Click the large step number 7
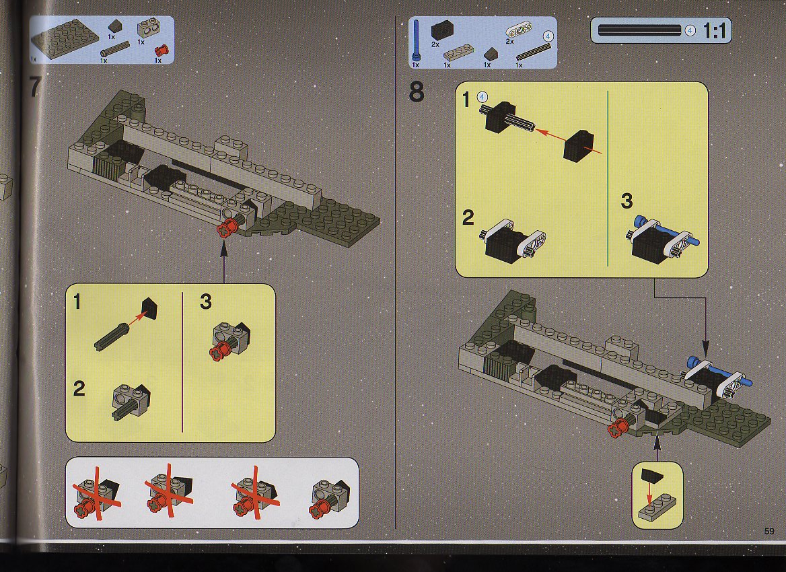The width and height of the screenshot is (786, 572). (x=34, y=87)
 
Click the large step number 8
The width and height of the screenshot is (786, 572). (x=417, y=92)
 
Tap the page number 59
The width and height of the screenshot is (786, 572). (x=769, y=532)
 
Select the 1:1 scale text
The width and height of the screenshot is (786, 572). (x=715, y=31)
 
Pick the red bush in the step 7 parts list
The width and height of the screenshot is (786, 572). (x=162, y=50)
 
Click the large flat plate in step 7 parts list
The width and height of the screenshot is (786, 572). (x=65, y=38)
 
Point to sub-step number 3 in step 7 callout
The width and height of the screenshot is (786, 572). (x=205, y=301)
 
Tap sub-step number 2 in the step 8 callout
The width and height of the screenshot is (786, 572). (x=468, y=217)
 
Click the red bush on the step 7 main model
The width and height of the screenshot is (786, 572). (x=227, y=228)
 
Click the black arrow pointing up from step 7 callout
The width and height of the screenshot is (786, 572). (x=223, y=262)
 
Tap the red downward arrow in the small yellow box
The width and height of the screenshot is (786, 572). (x=649, y=495)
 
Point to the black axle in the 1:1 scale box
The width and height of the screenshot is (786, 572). (x=639, y=30)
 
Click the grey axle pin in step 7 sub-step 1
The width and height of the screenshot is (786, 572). (x=112, y=337)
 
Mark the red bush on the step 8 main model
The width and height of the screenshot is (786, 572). (x=618, y=429)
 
